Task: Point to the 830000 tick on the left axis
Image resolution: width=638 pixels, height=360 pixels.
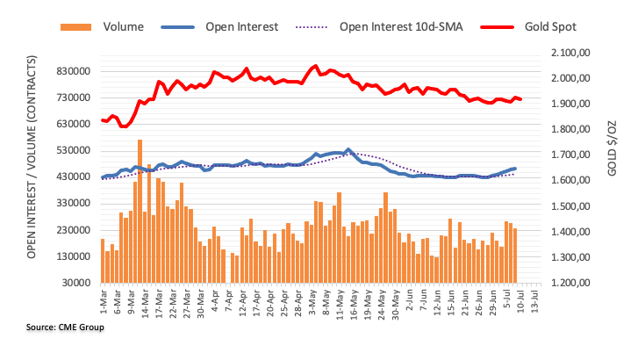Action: pyautogui.click(x=74, y=71)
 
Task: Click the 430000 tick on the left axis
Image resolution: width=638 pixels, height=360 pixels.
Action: pyautogui.click(x=74, y=177)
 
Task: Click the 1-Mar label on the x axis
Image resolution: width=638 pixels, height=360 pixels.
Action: pyautogui.click(x=104, y=300)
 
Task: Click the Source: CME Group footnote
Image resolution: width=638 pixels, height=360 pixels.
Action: pyautogui.click(x=65, y=328)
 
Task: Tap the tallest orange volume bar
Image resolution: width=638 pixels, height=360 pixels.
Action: pyautogui.click(x=140, y=211)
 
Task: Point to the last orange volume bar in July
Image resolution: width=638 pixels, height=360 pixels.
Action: pyautogui.click(x=515, y=256)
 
